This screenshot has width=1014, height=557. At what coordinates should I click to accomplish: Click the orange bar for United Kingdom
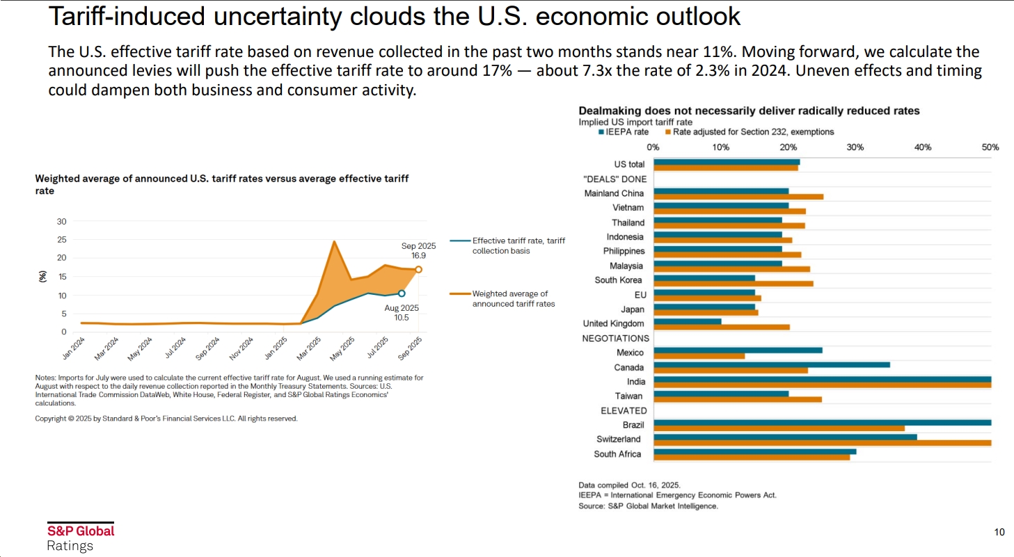pos(722,327)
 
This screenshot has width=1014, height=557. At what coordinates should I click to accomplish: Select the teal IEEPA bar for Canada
pos(772,364)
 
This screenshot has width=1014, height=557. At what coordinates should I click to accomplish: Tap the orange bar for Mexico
pos(699,356)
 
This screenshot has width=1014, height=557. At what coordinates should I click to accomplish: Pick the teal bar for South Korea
pos(704,277)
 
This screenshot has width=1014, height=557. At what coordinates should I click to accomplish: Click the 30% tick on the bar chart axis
pos(855,147)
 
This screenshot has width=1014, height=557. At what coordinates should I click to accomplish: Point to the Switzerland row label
pos(620,439)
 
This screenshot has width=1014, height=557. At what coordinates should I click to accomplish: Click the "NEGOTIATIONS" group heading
pos(615,339)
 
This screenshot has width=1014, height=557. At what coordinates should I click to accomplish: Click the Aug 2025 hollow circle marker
pos(402,293)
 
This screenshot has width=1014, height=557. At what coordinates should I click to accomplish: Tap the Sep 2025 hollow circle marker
pos(418,269)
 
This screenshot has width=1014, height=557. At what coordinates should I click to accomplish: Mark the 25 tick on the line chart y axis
pos(62,240)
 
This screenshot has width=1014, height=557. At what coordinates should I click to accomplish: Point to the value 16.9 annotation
pos(418,256)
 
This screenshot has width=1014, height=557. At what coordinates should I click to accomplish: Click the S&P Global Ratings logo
pos(80,538)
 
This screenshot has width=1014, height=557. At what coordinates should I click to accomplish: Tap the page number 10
pos(999,533)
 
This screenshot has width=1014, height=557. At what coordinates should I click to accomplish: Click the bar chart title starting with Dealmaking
pos(749,111)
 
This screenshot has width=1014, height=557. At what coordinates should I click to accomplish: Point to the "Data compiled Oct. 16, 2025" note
pos(629,485)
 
